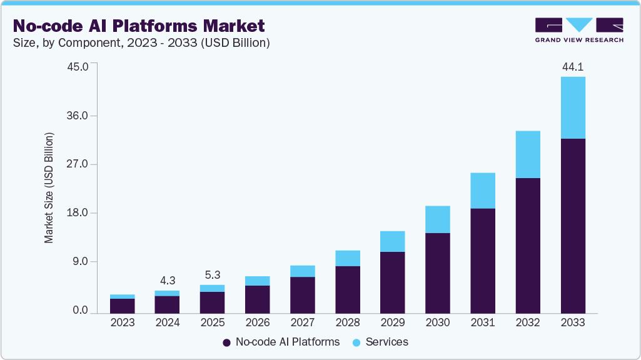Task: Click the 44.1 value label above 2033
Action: coord(573,67)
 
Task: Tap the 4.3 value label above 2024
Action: coord(167,281)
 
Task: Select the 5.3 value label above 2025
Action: coord(212,275)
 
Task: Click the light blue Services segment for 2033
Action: coord(573,107)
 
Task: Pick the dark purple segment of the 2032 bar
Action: coord(528,245)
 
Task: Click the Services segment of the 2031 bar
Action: coord(483,191)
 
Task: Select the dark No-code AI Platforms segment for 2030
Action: coord(438,272)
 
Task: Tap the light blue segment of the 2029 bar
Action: coord(392,241)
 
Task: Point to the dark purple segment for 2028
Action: coord(348,289)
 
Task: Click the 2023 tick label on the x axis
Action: coord(122,323)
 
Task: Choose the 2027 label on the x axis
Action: coord(303,323)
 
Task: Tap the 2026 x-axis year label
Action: coord(258,323)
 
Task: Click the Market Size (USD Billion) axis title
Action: coord(49,188)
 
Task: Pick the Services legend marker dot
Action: coord(356,342)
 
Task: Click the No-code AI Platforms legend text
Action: coord(287,342)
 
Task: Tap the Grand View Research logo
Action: coord(579,30)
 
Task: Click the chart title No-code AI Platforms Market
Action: coord(139,26)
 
